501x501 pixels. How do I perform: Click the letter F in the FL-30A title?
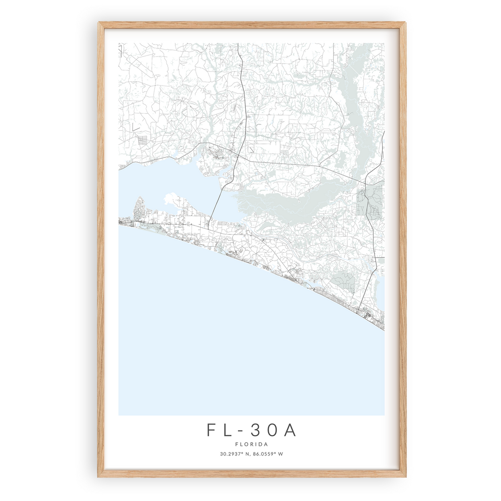tap(211, 430)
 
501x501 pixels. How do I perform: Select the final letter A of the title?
tap(290, 430)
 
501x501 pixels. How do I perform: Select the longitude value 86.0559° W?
tap(268, 454)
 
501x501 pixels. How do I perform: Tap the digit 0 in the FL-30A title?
tap(272, 430)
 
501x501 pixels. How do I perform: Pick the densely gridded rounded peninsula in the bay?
tap(141, 209)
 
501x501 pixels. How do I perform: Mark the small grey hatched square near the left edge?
tap(142, 139)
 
